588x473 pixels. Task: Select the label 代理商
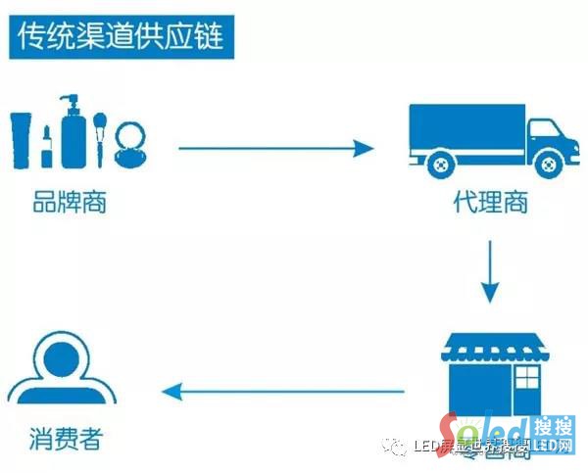[x=490, y=204]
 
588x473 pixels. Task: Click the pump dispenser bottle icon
[x=73, y=133]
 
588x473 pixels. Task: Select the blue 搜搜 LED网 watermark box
[x=555, y=437]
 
